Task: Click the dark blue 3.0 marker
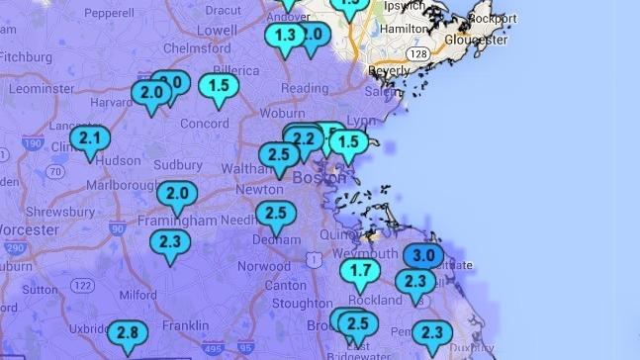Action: tap(423, 255)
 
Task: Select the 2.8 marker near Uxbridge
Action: tap(128, 333)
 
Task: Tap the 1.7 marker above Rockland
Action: tap(361, 271)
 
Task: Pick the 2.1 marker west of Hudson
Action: tap(90, 137)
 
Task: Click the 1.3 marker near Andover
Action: tap(286, 37)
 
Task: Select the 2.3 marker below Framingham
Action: tap(170, 241)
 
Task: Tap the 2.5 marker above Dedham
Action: tap(276, 214)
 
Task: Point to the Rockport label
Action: tap(495, 16)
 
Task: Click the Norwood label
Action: tap(264, 267)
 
